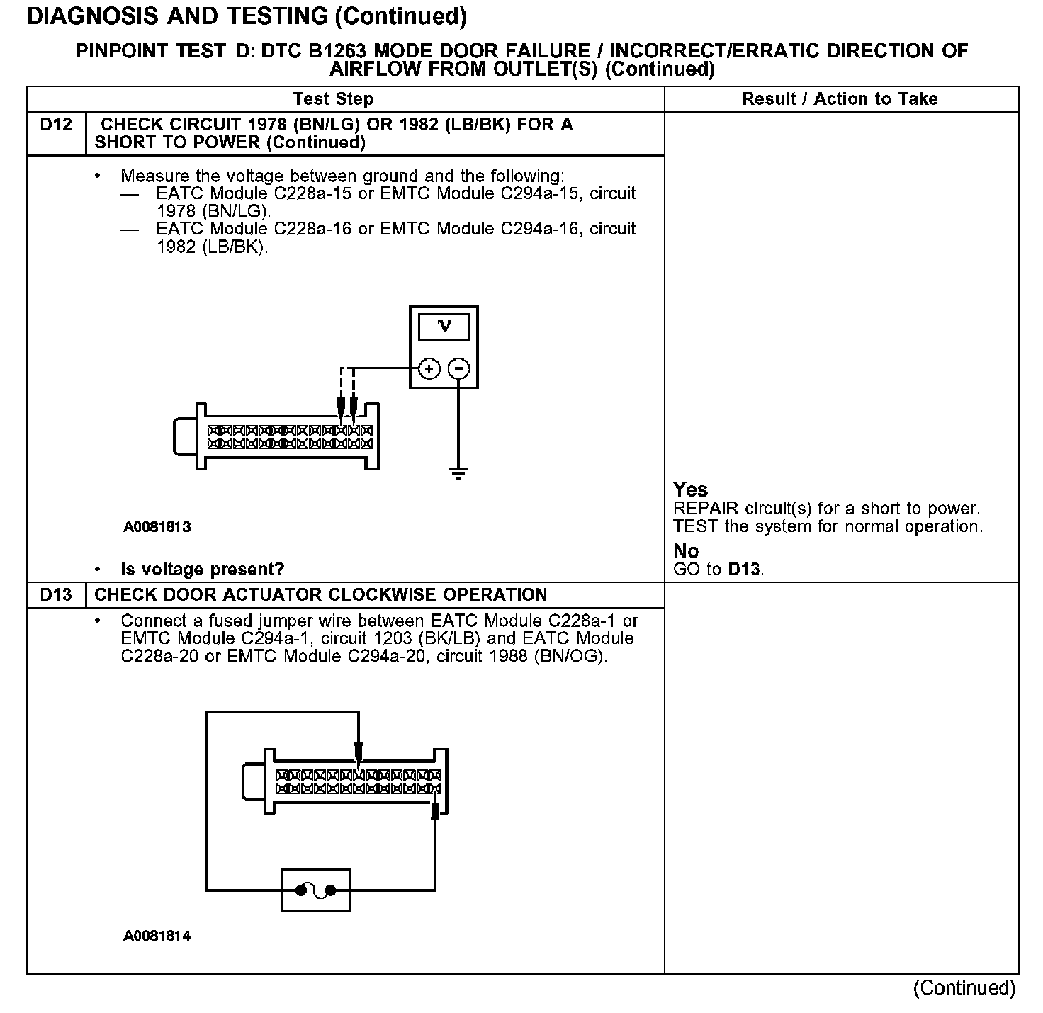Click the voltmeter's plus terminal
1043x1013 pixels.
pyautogui.click(x=429, y=368)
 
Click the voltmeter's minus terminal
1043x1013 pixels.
pyautogui.click(x=460, y=368)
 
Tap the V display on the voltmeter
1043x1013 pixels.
pyautogui.click(x=444, y=327)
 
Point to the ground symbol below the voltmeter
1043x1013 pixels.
pyautogui.click(x=459, y=473)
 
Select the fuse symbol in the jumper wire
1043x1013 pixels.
pyautogui.click(x=316, y=890)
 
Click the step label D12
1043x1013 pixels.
pyautogui.click(x=56, y=125)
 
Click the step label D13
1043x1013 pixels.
pyautogui.click(x=56, y=595)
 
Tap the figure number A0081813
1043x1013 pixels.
pyautogui.click(x=157, y=527)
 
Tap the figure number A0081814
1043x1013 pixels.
pyautogui.click(x=157, y=936)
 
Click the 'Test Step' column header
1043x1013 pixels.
pyautogui.click(x=333, y=99)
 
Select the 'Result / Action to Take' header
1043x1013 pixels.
pyautogui.click(x=840, y=99)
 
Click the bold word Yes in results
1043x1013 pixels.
pyautogui.click(x=690, y=489)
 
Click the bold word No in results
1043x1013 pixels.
pyautogui.click(x=686, y=551)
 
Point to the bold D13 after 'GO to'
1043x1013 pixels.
pyautogui.click(x=744, y=570)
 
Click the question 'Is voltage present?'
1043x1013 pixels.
pyautogui.click(x=202, y=570)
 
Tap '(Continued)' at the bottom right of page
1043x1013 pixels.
pyautogui.click(x=964, y=988)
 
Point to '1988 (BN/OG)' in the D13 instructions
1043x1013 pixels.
pyautogui.click(x=547, y=657)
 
